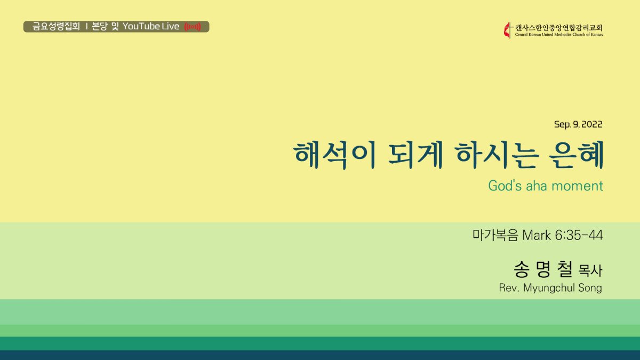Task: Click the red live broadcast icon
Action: pyautogui.click(x=193, y=27)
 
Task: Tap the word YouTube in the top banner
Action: pyautogui.click(x=141, y=26)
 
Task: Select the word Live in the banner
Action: pyautogui.click(x=171, y=26)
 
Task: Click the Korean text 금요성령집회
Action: pyautogui.click(x=56, y=26)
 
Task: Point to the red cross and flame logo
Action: pyautogui.click(x=508, y=30)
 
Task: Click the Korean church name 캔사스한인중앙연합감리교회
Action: pyautogui.click(x=559, y=28)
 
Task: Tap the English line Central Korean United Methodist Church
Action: pyautogui.click(x=551, y=35)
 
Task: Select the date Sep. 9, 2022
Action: pyautogui.click(x=578, y=124)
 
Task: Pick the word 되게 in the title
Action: pyautogui.click(x=415, y=155)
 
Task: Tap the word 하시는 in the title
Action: pyautogui.click(x=497, y=155)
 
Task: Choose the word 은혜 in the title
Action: pyautogui.click(x=577, y=155)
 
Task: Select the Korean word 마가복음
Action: pyautogui.click(x=495, y=235)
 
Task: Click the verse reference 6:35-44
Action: pyautogui.click(x=579, y=235)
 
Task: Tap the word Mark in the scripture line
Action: pyautogui.click(x=537, y=235)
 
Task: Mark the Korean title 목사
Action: pyautogui.click(x=590, y=270)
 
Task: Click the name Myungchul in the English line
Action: pyautogui.click(x=549, y=287)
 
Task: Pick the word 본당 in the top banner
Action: pyautogui.click(x=99, y=26)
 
